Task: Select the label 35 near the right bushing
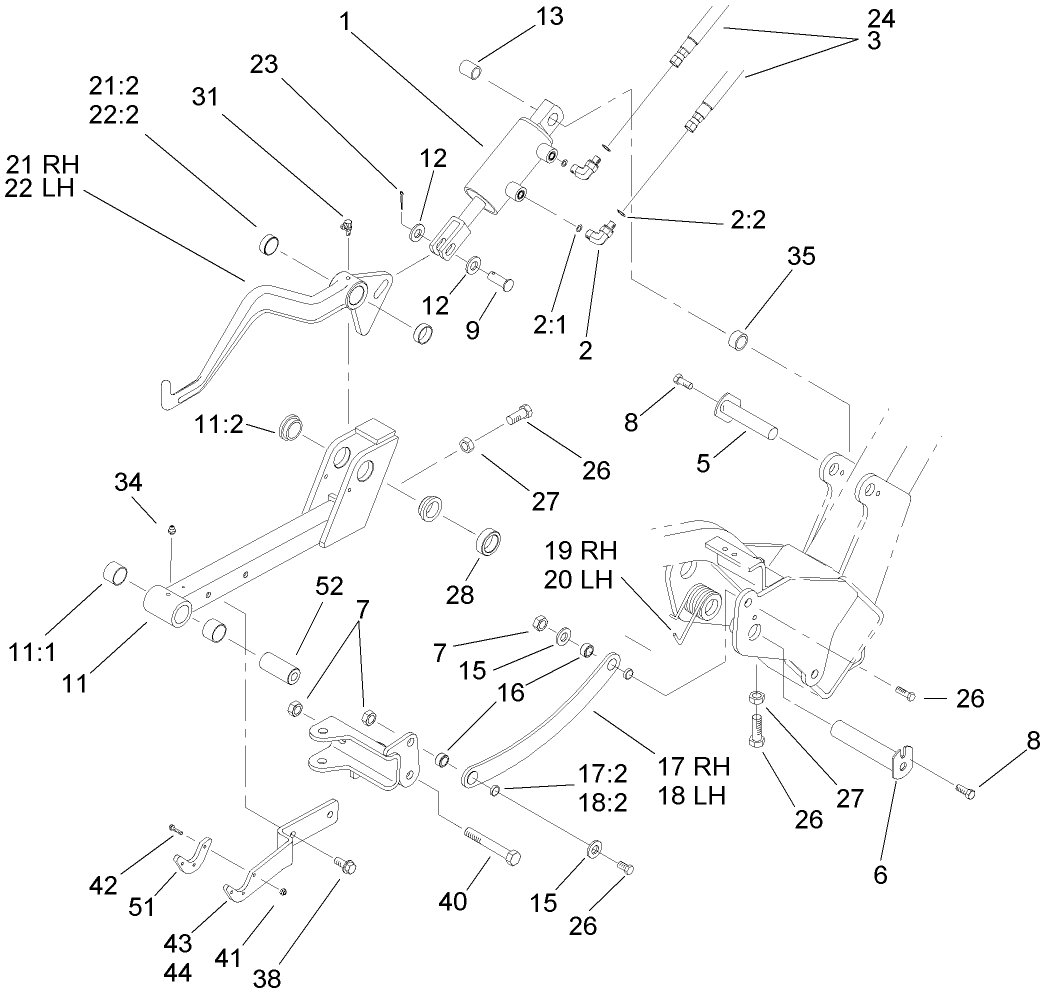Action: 801,256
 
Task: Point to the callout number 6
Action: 880,875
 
